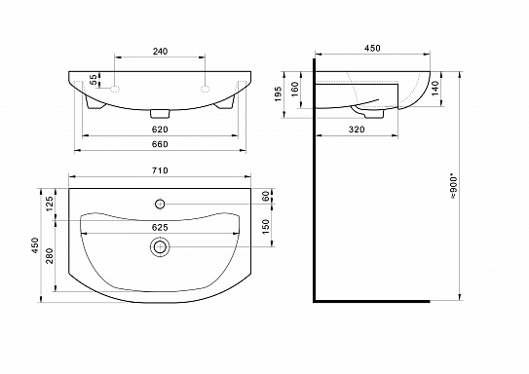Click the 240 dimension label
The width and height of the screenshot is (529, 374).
coord(160,52)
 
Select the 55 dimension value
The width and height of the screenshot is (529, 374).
coord(94,80)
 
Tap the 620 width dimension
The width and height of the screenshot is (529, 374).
coord(160,130)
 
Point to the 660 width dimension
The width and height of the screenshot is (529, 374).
coord(160,144)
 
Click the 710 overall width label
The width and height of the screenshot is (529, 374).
coord(160,170)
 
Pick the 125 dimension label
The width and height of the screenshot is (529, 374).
coord(50,204)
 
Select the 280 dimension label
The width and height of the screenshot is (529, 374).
coord(50,256)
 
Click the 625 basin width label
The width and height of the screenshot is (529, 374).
coord(160,228)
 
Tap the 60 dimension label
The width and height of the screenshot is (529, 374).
coord(266,197)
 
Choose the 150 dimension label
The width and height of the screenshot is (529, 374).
coord(266,227)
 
